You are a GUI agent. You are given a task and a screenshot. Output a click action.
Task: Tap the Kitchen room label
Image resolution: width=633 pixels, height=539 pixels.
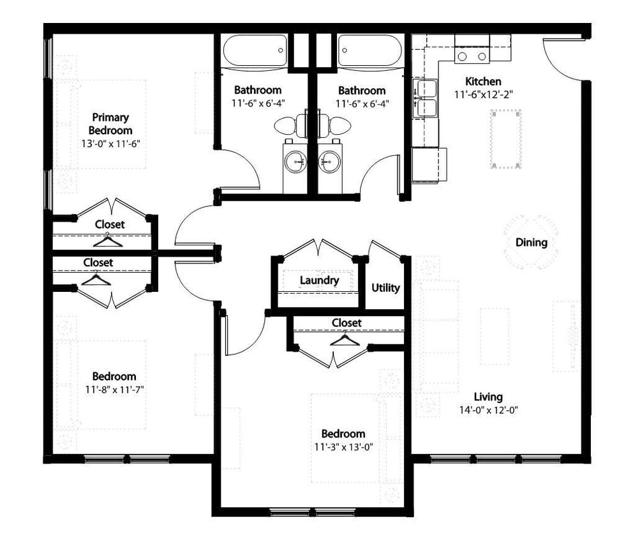point(483,82)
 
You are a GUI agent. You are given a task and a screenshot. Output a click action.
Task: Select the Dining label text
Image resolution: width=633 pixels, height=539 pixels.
point(531,243)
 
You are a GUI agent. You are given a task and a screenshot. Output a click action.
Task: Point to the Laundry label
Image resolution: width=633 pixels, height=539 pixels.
point(319,280)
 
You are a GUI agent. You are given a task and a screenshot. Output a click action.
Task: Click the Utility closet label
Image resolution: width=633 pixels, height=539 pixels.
point(385,288)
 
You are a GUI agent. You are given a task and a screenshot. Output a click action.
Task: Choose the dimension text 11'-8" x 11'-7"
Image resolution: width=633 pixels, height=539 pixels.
point(114,390)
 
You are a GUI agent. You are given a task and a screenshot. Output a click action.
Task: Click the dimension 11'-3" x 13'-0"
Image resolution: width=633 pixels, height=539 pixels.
point(343,447)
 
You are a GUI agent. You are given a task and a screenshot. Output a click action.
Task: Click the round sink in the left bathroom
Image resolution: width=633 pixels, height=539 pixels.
point(296,162)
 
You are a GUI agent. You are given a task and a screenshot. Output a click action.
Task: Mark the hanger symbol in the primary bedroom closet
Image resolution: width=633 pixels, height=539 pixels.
point(107,241)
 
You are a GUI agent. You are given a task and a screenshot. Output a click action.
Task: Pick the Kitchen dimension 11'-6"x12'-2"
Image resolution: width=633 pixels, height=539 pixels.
point(484,95)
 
